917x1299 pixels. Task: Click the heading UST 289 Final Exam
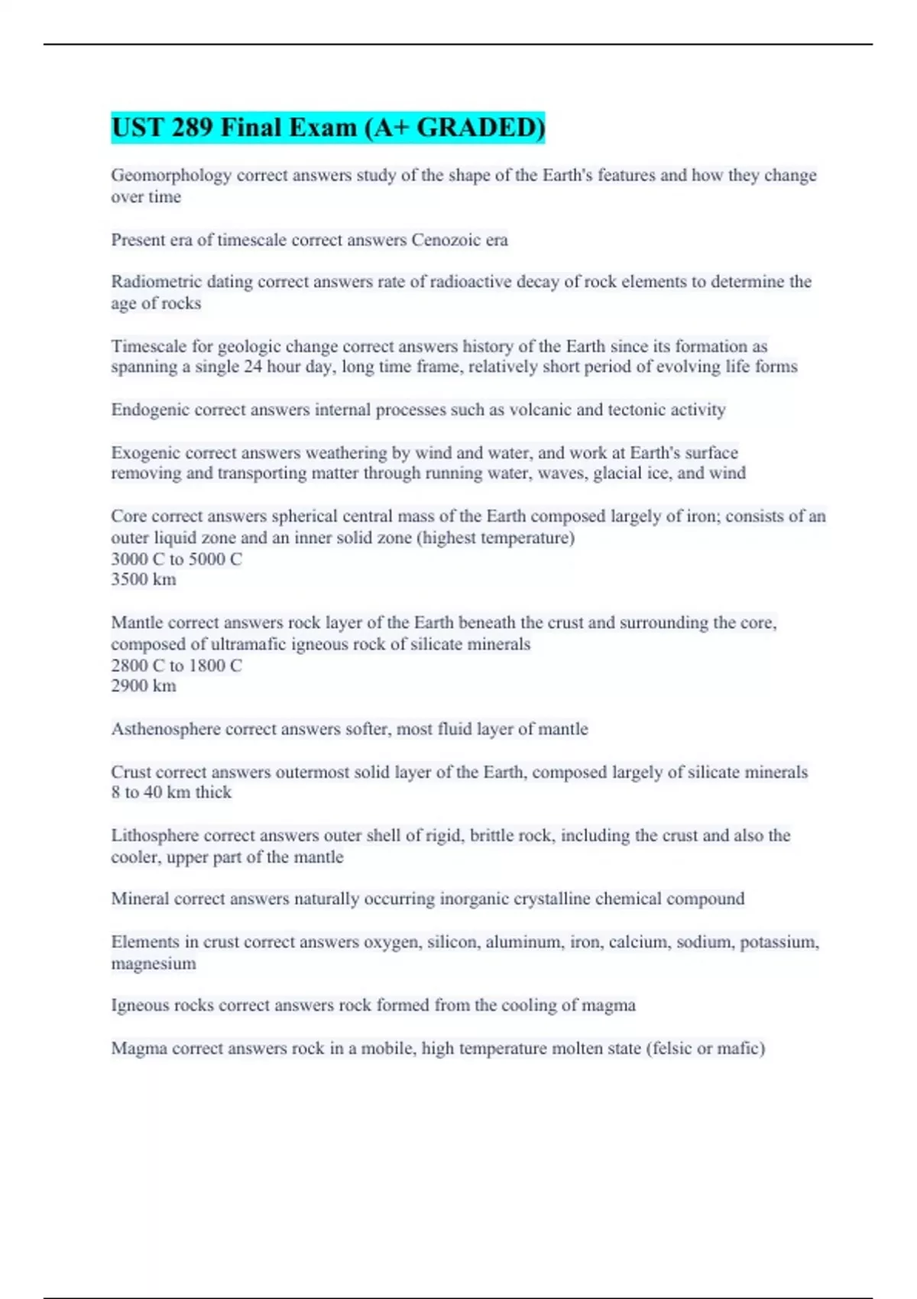coord(328,128)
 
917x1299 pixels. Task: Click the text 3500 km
coord(144,579)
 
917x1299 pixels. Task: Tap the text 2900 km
coord(144,685)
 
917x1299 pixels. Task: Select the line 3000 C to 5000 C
coord(177,559)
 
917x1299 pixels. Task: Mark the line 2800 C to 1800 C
coord(177,665)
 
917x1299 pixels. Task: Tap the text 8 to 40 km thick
coord(171,792)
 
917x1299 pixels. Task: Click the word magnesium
coord(154,964)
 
